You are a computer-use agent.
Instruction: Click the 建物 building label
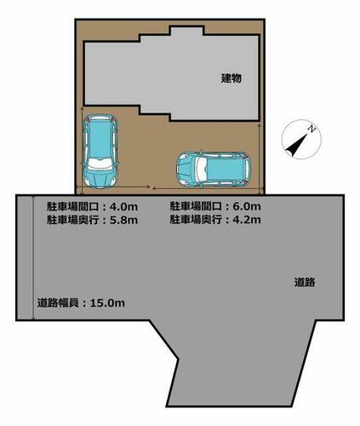(231, 78)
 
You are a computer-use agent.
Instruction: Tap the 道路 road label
(305, 282)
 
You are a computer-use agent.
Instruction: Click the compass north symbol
(301, 139)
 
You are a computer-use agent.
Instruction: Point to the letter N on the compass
(311, 130)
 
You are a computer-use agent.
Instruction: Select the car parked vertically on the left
(100, 151)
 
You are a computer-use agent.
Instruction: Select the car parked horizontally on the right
(214, 170)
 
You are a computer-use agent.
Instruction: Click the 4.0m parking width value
(123, 206)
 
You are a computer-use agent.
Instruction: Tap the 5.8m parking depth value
(123, 220)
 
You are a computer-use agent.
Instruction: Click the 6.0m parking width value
(247, 206)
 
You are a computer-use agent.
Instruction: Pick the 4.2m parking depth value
(247, 219)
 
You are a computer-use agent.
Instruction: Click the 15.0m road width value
(107, 302)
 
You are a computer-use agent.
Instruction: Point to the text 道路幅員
(58, 302)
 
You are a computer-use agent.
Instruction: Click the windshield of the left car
(100, 164)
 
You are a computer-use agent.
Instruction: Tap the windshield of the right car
(201, 170)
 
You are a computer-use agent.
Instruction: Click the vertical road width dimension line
(33, 257)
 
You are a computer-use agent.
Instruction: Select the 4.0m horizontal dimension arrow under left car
(113, 187)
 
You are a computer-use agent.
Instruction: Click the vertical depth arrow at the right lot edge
(260, 158)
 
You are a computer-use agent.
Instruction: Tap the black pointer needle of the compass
(297, 145)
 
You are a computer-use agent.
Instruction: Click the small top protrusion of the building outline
(186, 31)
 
